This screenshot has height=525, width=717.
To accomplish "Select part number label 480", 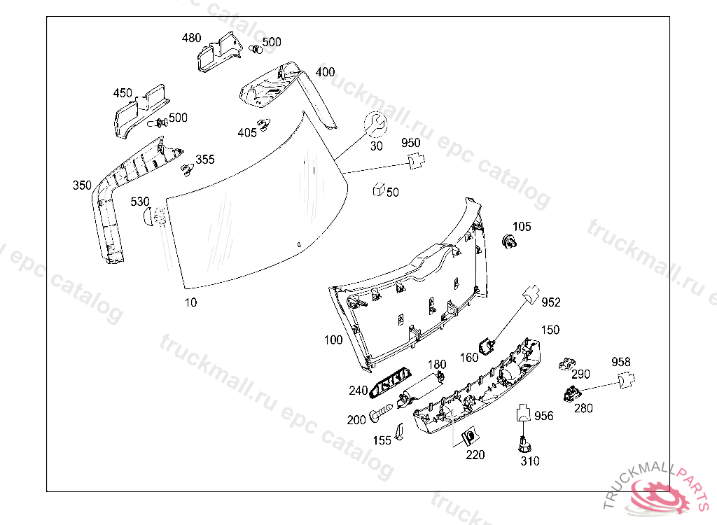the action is coord(191,38).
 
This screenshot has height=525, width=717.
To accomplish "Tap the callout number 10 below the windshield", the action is coord(190,302).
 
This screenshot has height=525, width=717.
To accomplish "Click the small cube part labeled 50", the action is coord(378,189).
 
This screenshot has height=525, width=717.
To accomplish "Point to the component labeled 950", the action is coord(417,161).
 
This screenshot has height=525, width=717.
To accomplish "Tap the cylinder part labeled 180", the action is coord(423,386).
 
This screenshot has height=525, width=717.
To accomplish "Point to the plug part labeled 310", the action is coord(524,444).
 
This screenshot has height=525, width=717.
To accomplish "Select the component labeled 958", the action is coord(625,380).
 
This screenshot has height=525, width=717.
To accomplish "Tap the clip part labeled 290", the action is coord(567,363).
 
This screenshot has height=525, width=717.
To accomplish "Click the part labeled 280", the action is coord(573,394).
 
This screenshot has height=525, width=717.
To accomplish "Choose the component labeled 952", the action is coord(534,295).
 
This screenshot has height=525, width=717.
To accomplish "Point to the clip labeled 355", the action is coord(186,169).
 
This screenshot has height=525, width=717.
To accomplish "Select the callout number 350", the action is coord(82,185).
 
